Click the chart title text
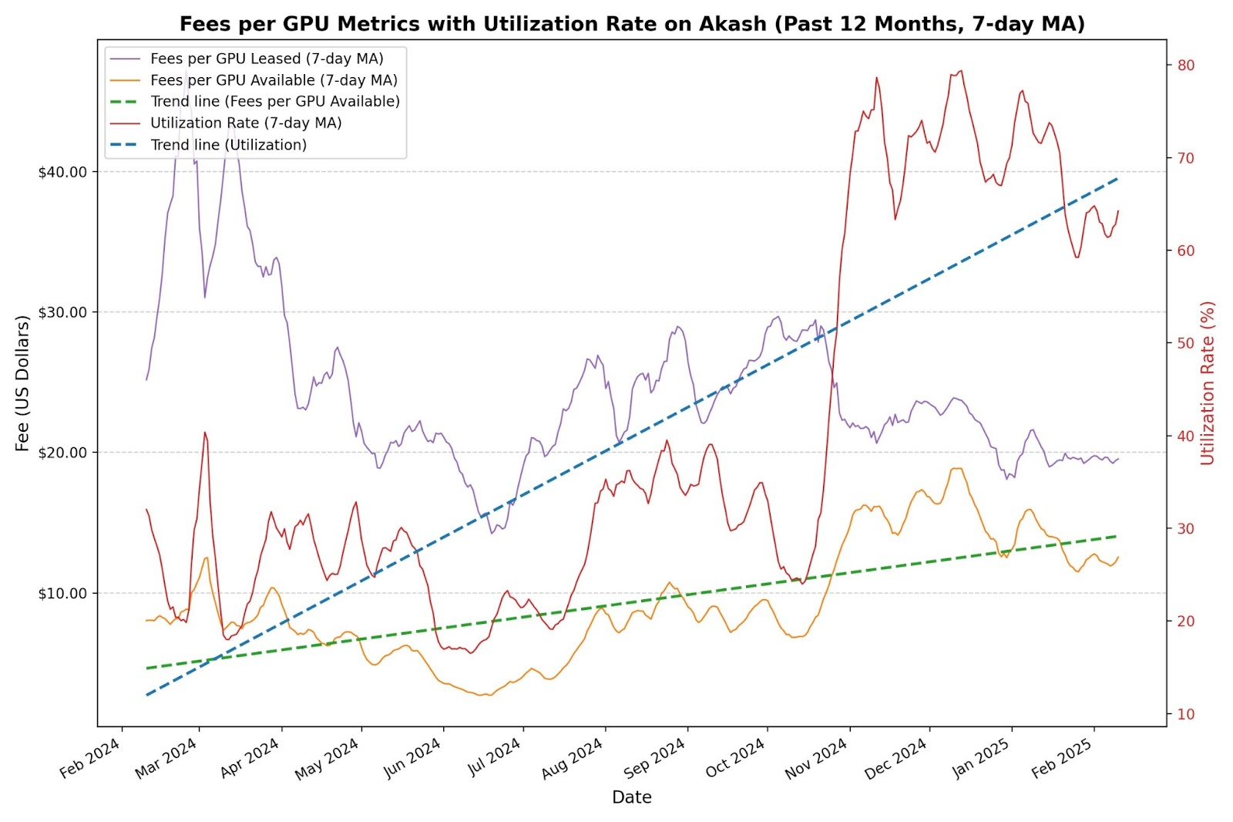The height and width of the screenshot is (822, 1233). pyautogui.click(x=632, y=24)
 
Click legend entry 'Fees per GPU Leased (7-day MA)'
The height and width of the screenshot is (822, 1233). pyautogui.click(x=267, y=59)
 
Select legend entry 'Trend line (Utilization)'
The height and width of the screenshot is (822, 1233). pyautogui.click(x=228, y=145)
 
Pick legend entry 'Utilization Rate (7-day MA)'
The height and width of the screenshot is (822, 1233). pyautogui.click(x=246, y=123)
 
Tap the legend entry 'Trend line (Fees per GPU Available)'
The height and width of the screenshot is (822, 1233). pyautogui.click(x=275, y=102)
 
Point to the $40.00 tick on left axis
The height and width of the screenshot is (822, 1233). pyautogui.click(x=62, y=172)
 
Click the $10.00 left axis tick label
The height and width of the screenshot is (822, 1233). pyautogui.click(x=62, y=593)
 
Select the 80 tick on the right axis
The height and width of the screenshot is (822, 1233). pyautogui.click(x=1186, y=66)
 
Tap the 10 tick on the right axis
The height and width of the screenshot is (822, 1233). pyautogui.click(x=1186, y=714)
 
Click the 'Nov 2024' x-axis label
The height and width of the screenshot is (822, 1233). pyautogui.click(x=816, y=759)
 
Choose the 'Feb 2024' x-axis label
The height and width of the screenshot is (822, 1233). pyautogui.click(x=89, y=759)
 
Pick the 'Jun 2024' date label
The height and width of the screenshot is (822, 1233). pyautogui.click(x=412, y=759)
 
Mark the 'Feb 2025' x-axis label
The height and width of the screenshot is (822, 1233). pyautogui.click(x=1061, y=759)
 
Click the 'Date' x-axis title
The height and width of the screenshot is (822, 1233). pyautogui.click(x=632, y=797)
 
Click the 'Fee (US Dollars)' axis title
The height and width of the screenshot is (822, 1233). pyautogui.click(x=22, y=383)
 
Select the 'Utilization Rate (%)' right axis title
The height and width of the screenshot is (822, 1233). pyautogui.click(x=1208, y=383)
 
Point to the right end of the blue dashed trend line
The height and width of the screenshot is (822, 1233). pyautogui.click(x=1118, y=178)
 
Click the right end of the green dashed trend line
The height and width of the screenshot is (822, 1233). pyautogui.click(x=1118, y=536)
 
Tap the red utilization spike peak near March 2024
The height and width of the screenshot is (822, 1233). pyautogui.click(x=205, y=433)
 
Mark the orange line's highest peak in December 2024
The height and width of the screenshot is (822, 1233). pyautogui.click(x=956, y=468)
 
